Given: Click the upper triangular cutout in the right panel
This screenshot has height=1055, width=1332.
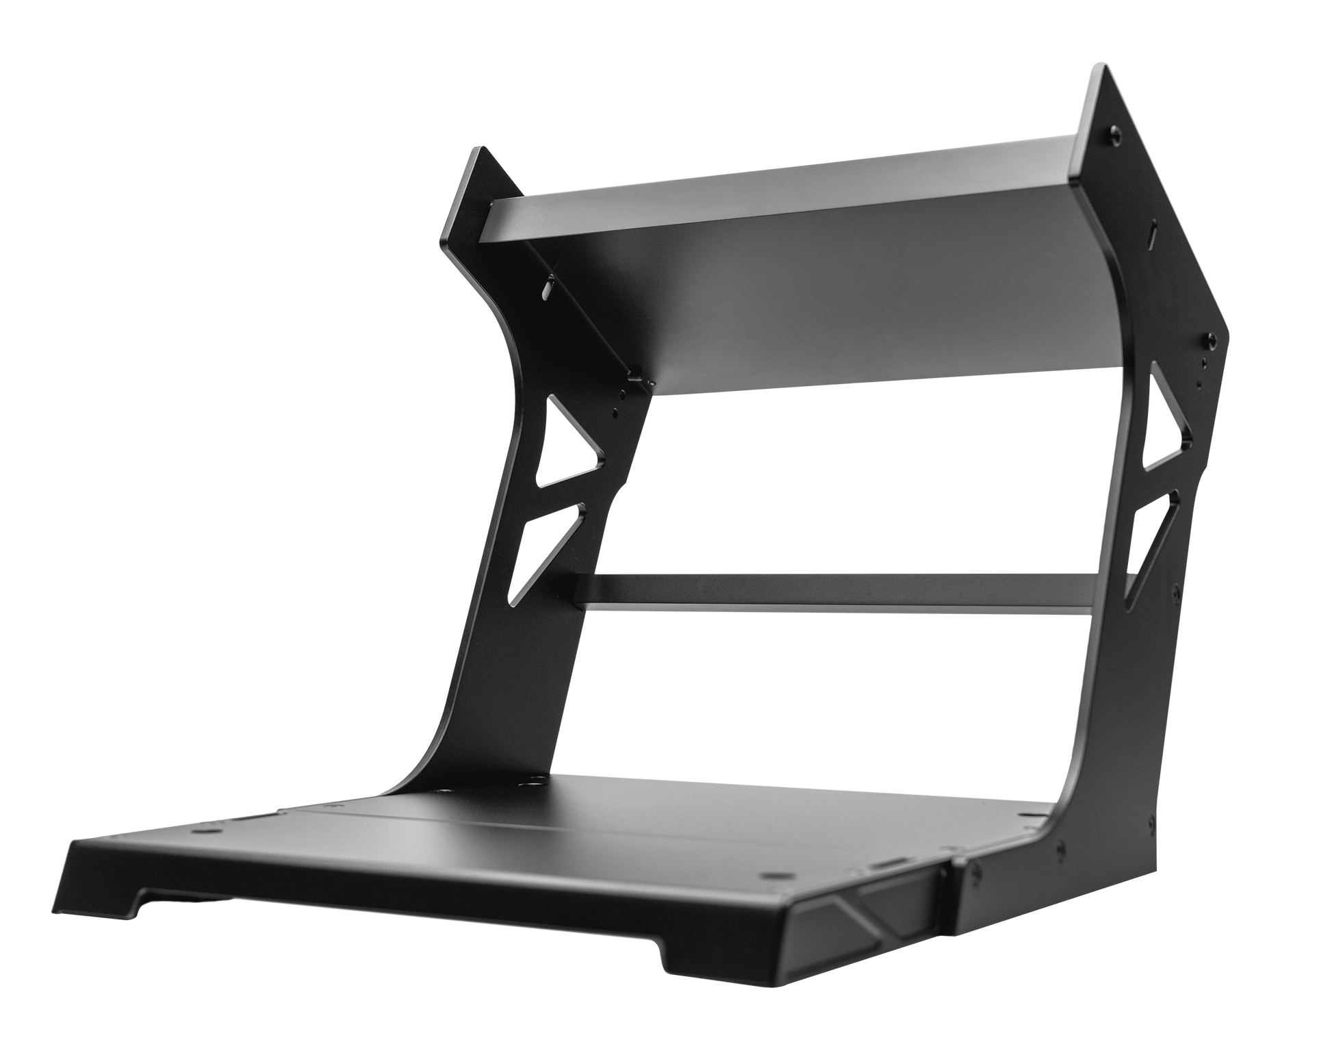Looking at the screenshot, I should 1168,428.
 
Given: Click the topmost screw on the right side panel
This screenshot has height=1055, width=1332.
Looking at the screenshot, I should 1116,129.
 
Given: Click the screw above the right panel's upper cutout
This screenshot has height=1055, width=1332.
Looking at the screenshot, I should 1210,337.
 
